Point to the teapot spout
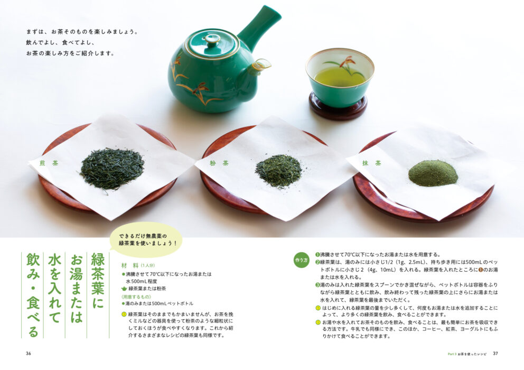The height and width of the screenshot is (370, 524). click(x=261, y=65)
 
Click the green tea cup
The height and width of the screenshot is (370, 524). click(x=340, y=77)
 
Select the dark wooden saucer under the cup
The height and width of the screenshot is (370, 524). click(x=338, y=106)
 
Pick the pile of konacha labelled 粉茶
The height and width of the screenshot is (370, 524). click(x=279, y=171)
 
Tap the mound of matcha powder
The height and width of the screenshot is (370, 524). click(x=433, y=173)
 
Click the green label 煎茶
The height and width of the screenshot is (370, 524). click(x=49, y=163)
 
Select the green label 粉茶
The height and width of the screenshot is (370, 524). click(x=219, y=163)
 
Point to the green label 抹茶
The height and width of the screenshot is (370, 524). click(x=372, y=163)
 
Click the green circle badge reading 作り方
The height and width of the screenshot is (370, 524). click(x=301, y=260)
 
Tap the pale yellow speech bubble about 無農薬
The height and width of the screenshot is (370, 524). click(x=146, y=239)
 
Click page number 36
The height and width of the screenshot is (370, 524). click(x=29, y=353)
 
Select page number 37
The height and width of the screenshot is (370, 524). click(x=495, y=353)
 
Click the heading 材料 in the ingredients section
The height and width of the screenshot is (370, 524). click(x=129, y=266)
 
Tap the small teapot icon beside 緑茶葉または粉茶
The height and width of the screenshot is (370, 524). click(x=124, y=289)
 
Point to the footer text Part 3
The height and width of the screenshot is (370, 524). click(x=452, y=354)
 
